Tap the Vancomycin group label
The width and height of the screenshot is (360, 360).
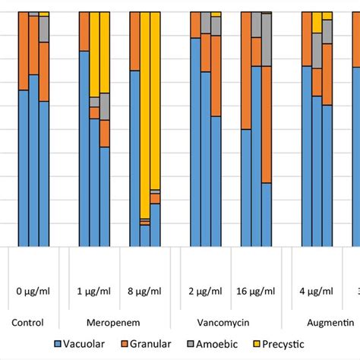230,322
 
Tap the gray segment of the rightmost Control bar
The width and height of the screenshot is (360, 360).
44,29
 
